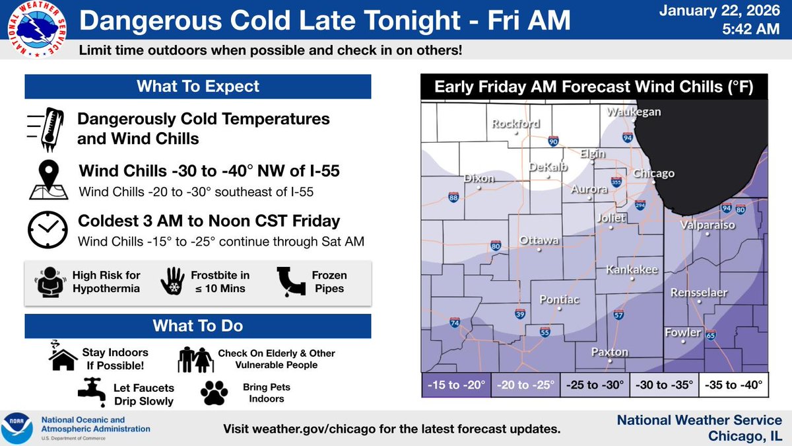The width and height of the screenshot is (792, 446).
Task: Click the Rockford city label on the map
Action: click(517, 124)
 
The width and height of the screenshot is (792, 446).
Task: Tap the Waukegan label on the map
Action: click(634, 112)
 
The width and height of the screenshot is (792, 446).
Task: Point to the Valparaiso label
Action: click(707, 225)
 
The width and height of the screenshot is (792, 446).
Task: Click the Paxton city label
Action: click(609, 352)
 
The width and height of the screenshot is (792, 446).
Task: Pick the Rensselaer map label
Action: click(699, 292)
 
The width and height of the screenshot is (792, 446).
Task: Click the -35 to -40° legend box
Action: click(733, 384)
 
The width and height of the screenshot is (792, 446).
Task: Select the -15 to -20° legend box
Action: click(456, 384)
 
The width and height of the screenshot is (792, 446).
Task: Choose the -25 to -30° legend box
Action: click(595, 384)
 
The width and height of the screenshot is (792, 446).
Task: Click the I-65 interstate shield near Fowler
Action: click(711, 336)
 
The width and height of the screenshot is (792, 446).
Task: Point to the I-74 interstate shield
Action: click(455, 322)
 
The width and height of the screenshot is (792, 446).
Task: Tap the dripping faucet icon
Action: click(92, 390)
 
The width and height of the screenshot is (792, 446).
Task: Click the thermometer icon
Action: click(48, 128)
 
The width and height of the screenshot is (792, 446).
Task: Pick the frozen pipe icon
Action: click(290, 281)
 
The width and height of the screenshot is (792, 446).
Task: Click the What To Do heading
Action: click(198, 326)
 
